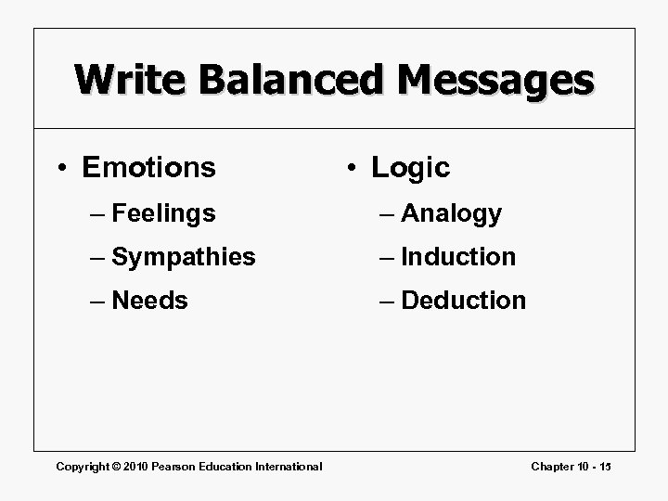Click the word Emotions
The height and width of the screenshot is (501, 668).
[148, 168]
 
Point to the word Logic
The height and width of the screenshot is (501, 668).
[410, 168]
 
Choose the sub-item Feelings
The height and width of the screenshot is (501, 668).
[163, 214]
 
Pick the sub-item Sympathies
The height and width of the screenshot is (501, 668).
[183, 257]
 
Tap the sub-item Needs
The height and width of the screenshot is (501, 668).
[149, 301]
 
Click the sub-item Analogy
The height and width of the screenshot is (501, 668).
[452, 214]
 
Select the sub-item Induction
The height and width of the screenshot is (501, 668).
[458, 257]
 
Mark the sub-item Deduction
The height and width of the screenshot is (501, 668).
[464, 301]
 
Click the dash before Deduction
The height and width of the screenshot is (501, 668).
[388, 301]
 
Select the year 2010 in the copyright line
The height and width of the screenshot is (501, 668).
[135, 466]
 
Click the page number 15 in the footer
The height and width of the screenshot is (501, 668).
[605, 466]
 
